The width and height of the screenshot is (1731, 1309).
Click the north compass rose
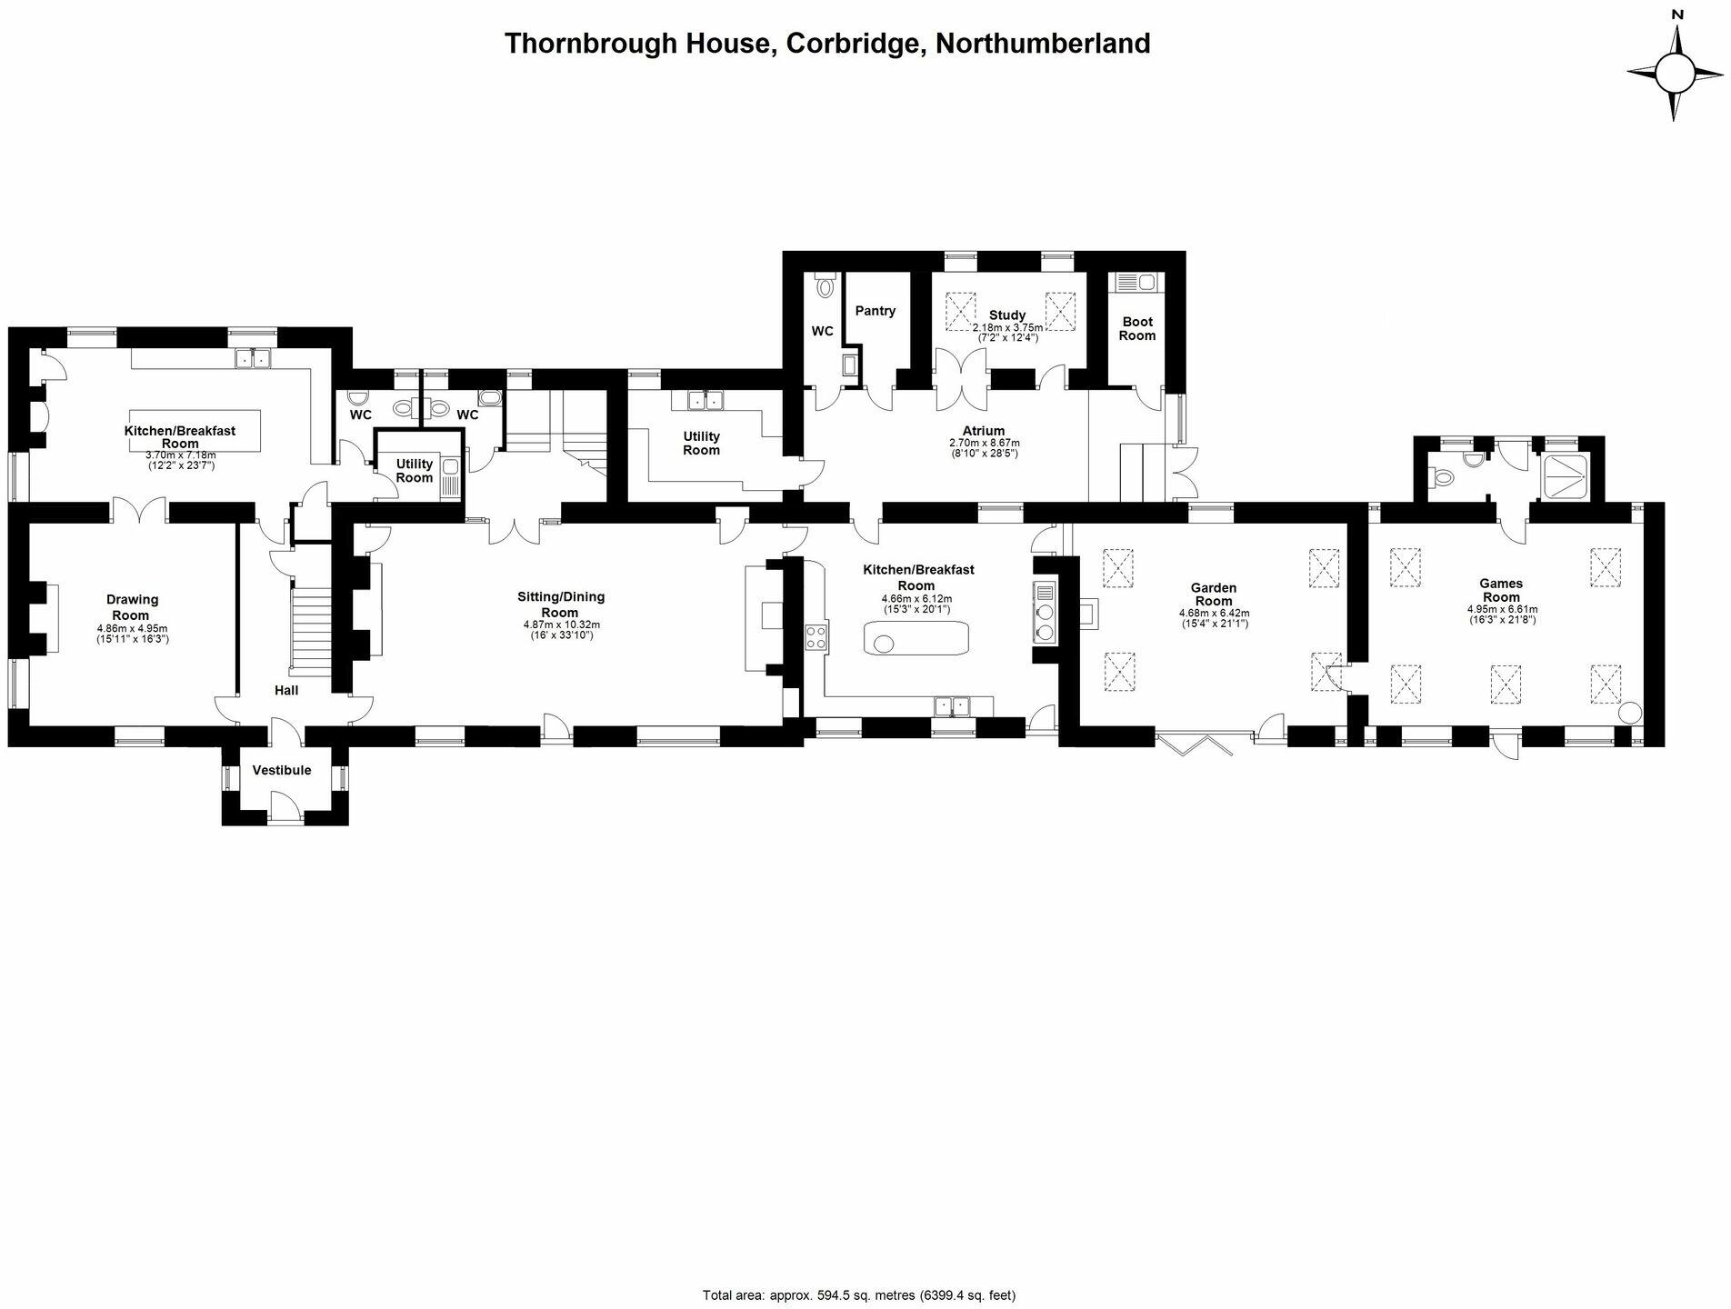[1676, 74]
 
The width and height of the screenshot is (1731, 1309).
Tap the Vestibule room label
[282, 770]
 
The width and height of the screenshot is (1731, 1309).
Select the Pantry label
[876, 311]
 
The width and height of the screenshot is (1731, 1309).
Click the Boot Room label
[1136, 328]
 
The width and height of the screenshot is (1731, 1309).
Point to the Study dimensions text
[1007, 333]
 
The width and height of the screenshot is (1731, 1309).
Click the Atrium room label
[984, 431]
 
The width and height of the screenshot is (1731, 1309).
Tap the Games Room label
[1501, 590]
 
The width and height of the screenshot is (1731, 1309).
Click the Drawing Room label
[133, 607]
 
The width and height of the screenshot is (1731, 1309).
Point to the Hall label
[286, 691]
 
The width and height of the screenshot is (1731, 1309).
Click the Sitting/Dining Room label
[561, 605]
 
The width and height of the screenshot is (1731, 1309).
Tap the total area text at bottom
[858, 1294]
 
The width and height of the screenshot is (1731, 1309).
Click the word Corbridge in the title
[853, 44]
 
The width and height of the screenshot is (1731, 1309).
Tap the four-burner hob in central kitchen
[815, 636]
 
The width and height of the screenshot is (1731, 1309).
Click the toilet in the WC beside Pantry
[825, 286]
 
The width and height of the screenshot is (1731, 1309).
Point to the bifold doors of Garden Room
[1194, 742]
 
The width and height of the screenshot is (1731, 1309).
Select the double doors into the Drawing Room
[139, 512]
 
